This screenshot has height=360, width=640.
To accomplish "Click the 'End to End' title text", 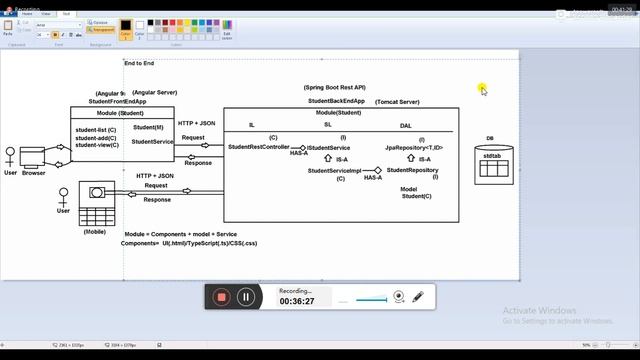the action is coord(138,63).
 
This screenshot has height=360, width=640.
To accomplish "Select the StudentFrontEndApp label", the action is coord(117,101).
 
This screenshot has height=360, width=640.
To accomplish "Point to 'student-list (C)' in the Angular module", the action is coord(96,129).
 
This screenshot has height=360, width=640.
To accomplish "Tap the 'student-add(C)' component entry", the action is coord(96,137).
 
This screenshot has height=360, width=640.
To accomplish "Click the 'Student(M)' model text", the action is coord(148,127).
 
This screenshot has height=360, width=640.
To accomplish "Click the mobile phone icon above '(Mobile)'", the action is coord(97,191).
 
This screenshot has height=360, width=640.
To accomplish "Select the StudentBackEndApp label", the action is coord(336,101).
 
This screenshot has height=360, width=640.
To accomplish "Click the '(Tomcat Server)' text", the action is coord(397,101).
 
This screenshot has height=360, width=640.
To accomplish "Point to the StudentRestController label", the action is coord(259,147).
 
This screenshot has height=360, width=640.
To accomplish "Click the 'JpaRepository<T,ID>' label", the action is coord(414,147).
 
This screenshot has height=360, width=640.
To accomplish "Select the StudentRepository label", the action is coord(413,170).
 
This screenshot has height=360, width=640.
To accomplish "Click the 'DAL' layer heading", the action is coord(405,125).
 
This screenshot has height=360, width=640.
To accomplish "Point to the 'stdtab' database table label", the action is coord(491,155).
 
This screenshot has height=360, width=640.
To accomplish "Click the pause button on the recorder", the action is coord(246,296).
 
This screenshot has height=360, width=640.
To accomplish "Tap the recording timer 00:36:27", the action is coord(297,301).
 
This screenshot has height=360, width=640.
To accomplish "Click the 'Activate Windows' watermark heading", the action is coord(541,310).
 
